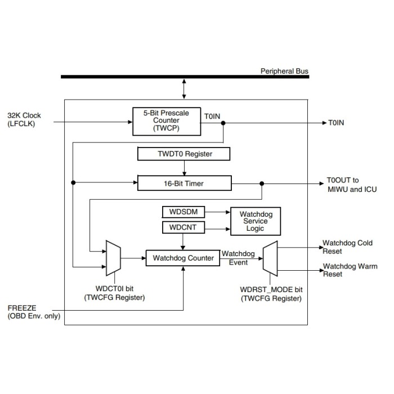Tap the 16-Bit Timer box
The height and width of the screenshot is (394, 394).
point(184,183)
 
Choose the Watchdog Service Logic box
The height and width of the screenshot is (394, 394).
point(255,221)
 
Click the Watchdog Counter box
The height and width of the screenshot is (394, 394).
point(183,258)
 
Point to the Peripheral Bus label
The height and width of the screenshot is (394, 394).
point(284,71)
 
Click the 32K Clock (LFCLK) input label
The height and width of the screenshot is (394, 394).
point(24,120)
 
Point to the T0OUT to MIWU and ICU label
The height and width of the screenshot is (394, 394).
point(352,185)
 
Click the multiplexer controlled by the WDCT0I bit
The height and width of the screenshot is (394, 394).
point(114,258)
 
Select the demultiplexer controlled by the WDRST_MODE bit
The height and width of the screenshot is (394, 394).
point(270,258)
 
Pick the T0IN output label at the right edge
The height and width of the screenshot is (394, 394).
point(337,122)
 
